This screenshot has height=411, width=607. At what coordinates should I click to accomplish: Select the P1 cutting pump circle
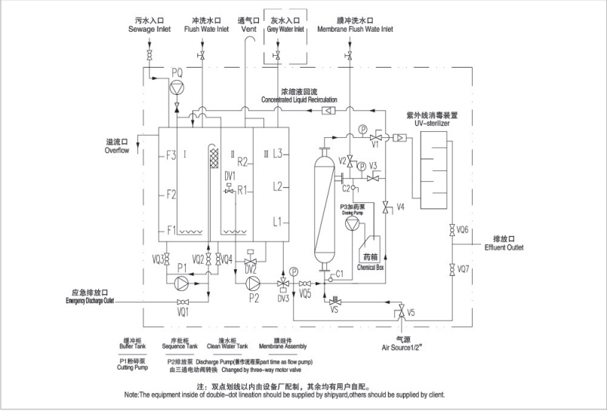(x=181, y=283)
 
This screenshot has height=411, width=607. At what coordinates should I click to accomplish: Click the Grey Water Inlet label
(x=285, y=29)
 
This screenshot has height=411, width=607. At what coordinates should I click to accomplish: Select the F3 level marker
(x=171, y=156)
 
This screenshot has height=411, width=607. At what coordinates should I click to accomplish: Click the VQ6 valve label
(x=463, y=229)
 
